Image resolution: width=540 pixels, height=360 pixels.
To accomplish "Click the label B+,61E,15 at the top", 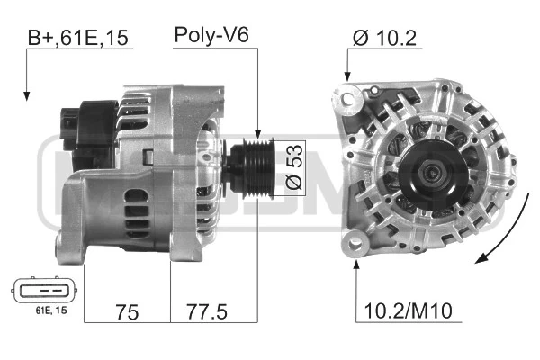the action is (77, 38).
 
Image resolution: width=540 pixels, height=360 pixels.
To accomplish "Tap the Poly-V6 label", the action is (211, 35).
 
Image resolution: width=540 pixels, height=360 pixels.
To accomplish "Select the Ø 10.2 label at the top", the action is (384, 38).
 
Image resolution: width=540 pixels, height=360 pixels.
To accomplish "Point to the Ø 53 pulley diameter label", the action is (294, 167).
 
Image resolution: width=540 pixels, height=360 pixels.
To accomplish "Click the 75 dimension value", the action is (127, 312).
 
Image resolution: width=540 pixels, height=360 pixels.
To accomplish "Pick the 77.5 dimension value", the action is (207, 311).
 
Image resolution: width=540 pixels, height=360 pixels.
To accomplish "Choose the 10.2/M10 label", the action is (408, 310).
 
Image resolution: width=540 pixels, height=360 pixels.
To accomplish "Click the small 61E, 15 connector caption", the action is (51, 310).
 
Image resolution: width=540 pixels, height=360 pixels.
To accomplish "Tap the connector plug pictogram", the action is (45, 290).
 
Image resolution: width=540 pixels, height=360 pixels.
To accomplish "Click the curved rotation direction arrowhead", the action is (482, 258).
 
